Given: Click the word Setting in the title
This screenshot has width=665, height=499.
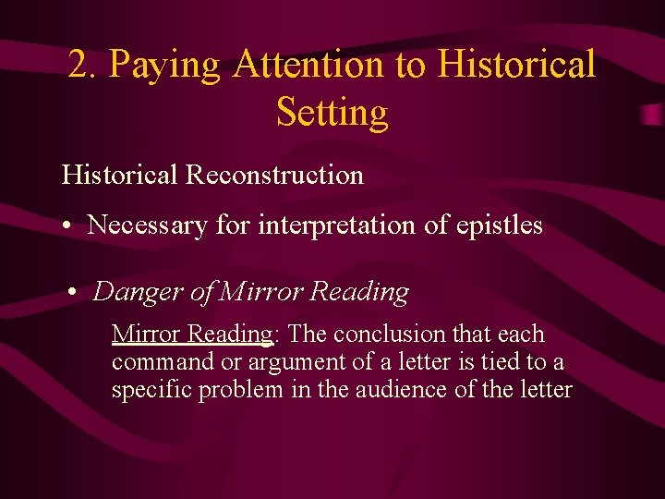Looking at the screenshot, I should tap(332, 114).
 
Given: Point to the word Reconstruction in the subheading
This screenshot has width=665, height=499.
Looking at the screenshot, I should tap(274, 175).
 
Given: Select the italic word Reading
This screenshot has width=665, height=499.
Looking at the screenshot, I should tap(359, 293).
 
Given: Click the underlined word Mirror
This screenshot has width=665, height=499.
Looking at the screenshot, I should tap(146, 334).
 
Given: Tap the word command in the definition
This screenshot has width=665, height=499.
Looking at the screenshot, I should tap(158, 362).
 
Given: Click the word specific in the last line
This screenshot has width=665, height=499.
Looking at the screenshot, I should tap(148, 390).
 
